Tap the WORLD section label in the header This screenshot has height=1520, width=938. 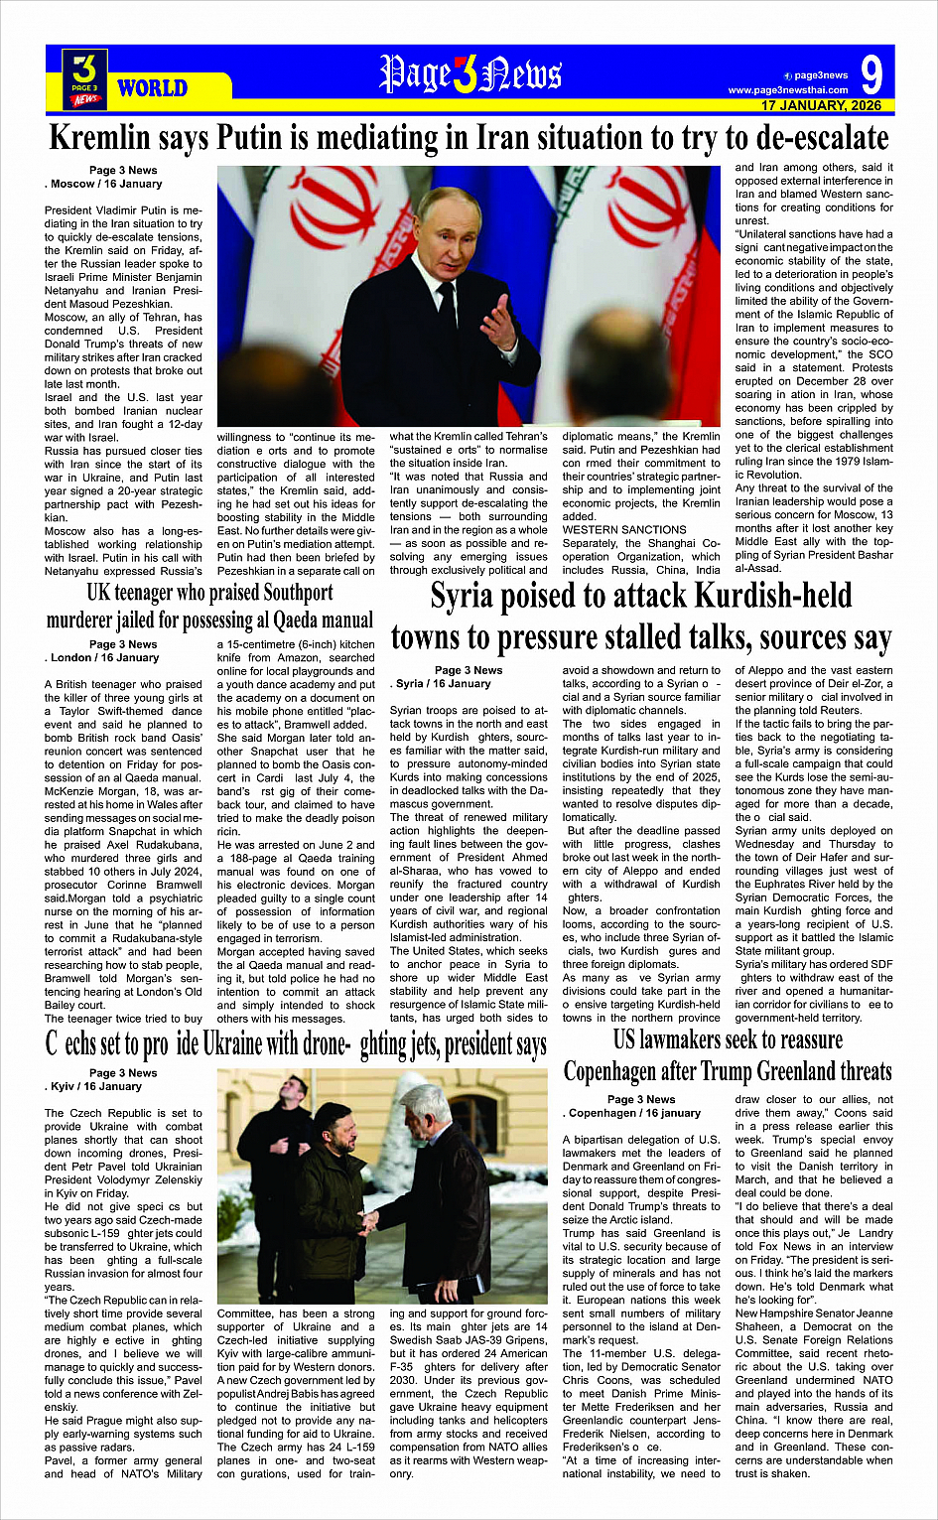point(152,88)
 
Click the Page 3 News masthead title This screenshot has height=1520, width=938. point(470,74)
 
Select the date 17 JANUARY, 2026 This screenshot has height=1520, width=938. point(821,105)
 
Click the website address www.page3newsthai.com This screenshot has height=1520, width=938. point(788,90)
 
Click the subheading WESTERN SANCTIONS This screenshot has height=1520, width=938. point(624,530)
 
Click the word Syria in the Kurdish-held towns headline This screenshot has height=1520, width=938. point(466,597)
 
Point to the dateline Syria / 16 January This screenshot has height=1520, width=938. point(443,683)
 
